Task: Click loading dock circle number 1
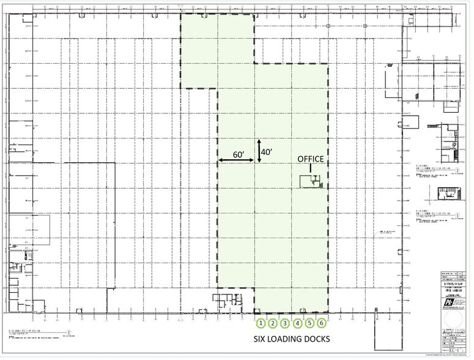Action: tap(261, 323)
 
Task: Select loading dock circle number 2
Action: tap(273, 323)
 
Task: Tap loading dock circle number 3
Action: tap(286, 323)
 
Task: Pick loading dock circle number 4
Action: tap(298, 323)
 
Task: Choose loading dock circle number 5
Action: tap(309, 323)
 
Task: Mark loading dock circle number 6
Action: tap(322, 323)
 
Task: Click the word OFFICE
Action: tap(310, 159)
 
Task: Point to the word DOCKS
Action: tap(318, 339)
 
